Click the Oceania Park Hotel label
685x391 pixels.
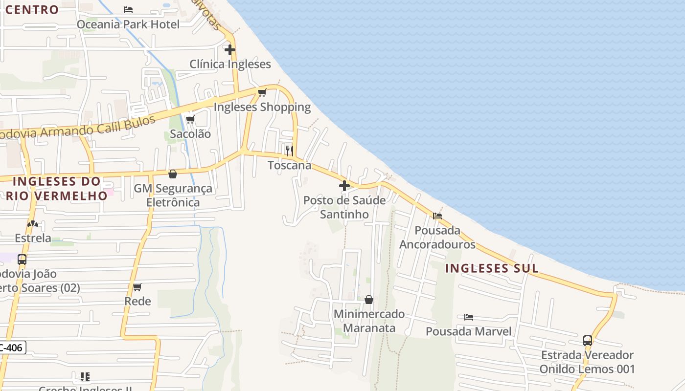click(128, 24)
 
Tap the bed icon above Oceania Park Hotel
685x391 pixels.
click(128, 9)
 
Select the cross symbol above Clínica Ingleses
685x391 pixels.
click(230, 50)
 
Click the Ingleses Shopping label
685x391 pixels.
click(262, 107)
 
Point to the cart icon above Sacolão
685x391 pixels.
click(190, 119)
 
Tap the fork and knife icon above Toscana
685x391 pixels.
click(290, 150)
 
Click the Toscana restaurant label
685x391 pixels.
click(290, 165)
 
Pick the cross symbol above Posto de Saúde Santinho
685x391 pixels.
click(344, 186)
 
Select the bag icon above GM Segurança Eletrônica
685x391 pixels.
click(173, 174)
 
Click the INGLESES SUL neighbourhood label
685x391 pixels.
click(492, 268)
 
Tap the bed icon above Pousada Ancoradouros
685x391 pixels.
click(437, 216)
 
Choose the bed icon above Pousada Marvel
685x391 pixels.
click(469, 317)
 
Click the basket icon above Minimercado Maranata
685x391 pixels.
click(369, 300)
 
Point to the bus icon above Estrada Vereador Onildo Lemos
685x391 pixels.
click(588, 341)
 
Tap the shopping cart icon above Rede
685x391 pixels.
click(137, 287)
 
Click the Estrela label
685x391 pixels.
click(33, 238)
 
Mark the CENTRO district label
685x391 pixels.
click(32, 9)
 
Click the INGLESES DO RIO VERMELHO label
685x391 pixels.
click(57, 188)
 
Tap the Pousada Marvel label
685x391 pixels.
click(468, 331)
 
